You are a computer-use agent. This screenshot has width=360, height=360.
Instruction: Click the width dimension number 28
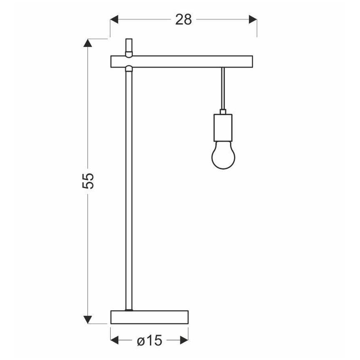point(183,19)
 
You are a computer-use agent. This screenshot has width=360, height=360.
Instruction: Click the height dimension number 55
point(88,180)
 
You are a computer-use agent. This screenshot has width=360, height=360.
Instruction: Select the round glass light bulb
point(223,156)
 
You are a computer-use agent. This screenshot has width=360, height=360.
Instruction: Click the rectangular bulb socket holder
point(223,128)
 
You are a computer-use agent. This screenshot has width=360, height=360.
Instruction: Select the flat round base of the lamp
point(149,317)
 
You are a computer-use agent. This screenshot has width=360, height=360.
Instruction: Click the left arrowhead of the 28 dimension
point(114,19)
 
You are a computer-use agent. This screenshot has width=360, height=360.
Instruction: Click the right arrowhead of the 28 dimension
point(252,19)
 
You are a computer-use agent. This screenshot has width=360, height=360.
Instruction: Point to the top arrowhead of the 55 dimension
point(88,44)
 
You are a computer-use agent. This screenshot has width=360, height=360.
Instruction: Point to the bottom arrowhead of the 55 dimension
point(88,319)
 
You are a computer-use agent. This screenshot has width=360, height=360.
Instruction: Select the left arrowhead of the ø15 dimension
point(115,341)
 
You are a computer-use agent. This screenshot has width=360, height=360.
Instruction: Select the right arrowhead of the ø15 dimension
point(184,341)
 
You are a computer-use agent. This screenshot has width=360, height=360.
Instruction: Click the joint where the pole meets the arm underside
point(129,69)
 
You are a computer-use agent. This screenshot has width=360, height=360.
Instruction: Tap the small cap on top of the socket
point(223,112)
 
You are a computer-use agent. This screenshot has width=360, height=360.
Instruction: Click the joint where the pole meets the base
point(129,309)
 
